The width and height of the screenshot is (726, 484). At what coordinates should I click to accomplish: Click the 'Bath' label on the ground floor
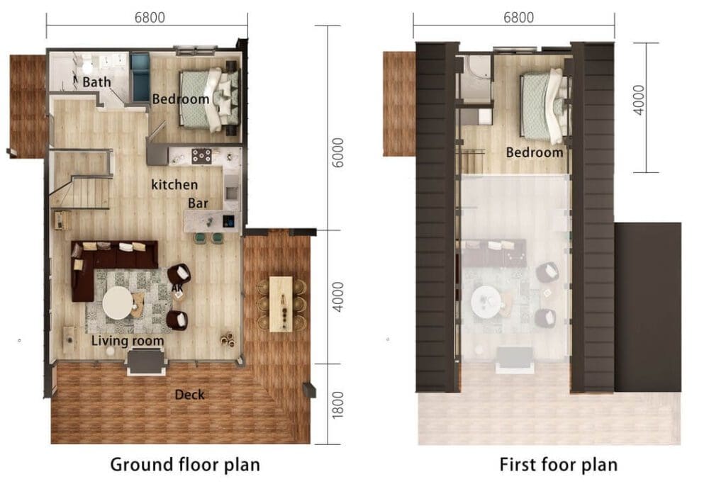(x=96, y=82)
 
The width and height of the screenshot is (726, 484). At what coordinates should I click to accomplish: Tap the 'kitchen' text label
(x=174, y=185)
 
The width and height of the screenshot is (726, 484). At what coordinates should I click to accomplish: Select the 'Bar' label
(x=198, y=203)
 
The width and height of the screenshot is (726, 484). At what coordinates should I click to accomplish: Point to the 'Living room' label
(x=128, y=341)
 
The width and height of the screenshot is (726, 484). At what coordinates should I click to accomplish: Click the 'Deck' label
(x=189, y=395)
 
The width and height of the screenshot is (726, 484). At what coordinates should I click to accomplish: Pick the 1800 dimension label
(x=338, y=405)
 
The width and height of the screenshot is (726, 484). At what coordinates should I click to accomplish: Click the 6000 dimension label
(x=338, y=152)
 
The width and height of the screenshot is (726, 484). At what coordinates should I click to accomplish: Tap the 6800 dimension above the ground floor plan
(x=150, y=18)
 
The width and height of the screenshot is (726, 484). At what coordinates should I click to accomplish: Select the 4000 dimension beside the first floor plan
(x=639, y=100)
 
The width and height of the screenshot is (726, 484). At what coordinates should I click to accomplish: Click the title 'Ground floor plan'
(x=185, y=465)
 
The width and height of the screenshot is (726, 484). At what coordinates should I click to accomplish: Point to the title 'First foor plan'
(x=559, y=465)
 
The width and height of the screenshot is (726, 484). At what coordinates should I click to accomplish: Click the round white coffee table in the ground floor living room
(x=117, y=303)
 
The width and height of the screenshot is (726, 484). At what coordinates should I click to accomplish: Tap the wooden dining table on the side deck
(x=281, y=303)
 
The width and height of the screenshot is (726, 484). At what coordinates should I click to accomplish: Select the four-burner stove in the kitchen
(x=202, y=156)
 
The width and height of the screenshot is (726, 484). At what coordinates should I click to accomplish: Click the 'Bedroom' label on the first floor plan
(x=535, y=152)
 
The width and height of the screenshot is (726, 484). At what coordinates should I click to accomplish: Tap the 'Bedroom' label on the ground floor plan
(x=181, y=99)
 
